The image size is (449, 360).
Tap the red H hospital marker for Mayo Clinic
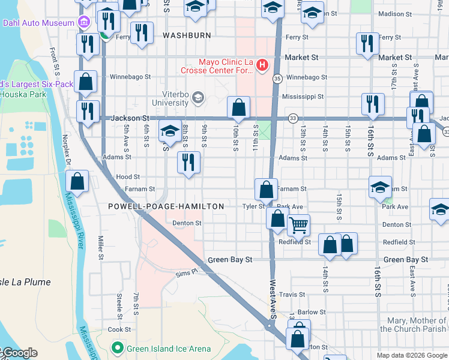(262, 65)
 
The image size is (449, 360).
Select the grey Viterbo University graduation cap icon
(199, 98)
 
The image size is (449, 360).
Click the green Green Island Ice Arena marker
(118, 348)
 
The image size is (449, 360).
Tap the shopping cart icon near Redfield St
(298, 226)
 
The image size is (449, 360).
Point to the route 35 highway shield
(277, 79)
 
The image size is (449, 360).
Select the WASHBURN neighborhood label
(187, 35)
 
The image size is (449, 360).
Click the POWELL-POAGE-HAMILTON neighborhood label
(166, 206)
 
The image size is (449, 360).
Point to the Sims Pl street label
(186, 272)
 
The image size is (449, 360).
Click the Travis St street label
(292, 295)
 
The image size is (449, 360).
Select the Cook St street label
(119, 329)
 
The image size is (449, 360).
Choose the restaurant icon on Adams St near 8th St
(189, 162)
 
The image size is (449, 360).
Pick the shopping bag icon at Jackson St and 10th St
(238, 108)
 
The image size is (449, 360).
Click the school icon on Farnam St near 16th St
(380, 187)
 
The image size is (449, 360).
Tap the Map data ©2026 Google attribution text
(411, 355)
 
